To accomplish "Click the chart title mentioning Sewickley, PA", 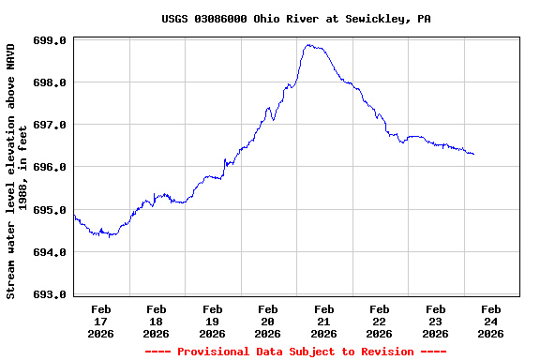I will point(295,19).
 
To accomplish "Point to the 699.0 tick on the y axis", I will point(51,41).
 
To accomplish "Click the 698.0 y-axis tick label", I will point(51,83).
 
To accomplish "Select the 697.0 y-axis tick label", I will point(51,126).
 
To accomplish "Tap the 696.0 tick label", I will point(51,168).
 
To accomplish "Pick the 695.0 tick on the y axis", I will point(51,210).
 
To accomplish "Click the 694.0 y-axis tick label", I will point(51,252).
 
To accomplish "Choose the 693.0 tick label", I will point(51,294).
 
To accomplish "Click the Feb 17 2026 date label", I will point(101,321).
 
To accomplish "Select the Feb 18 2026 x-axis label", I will point(157,321).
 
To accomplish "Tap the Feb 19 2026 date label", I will point(213,321).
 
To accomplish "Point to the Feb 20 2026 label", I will point(268,321).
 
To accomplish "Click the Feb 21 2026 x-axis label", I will point(323,321).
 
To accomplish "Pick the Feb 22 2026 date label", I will point(380,321).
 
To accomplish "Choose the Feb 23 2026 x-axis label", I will point(435,321).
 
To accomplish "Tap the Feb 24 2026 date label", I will point(490,321).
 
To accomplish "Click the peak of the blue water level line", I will point(307,45).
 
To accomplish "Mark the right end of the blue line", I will point(473,154).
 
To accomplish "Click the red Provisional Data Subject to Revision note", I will point(295,352).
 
